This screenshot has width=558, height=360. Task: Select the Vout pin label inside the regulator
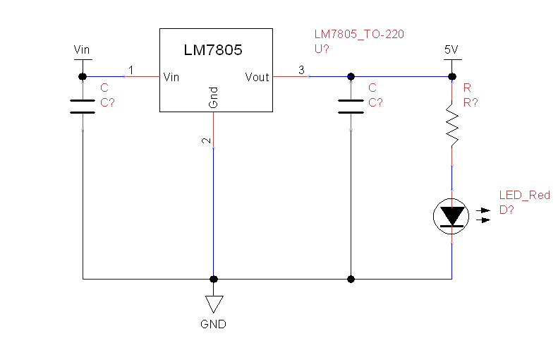[257, 77]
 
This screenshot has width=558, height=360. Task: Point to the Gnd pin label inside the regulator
[214, 98]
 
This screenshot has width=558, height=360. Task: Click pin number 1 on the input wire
[131, 70]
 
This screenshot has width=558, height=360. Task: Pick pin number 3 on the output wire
[301, 70]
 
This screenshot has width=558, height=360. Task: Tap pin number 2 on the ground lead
[206, 141]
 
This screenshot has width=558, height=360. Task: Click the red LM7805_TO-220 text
[359, 35]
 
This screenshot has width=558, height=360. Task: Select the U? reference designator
[322, 49]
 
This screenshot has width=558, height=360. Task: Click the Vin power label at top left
[82, 49]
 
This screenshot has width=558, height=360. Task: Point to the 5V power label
[451, 49]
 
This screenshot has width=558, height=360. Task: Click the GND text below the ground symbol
[213, 325]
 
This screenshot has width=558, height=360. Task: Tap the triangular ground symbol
[214, 304]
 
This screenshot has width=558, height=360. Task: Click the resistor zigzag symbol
[451, 125]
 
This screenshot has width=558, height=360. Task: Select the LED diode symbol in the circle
[451, 215]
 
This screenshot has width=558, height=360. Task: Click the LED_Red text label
[524, 196]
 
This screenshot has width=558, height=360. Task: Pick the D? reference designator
[507, 210]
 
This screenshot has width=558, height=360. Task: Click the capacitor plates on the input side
[83, 106]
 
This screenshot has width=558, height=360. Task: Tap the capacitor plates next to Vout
[351, 106]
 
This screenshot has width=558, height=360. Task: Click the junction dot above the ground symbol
[214, 279]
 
